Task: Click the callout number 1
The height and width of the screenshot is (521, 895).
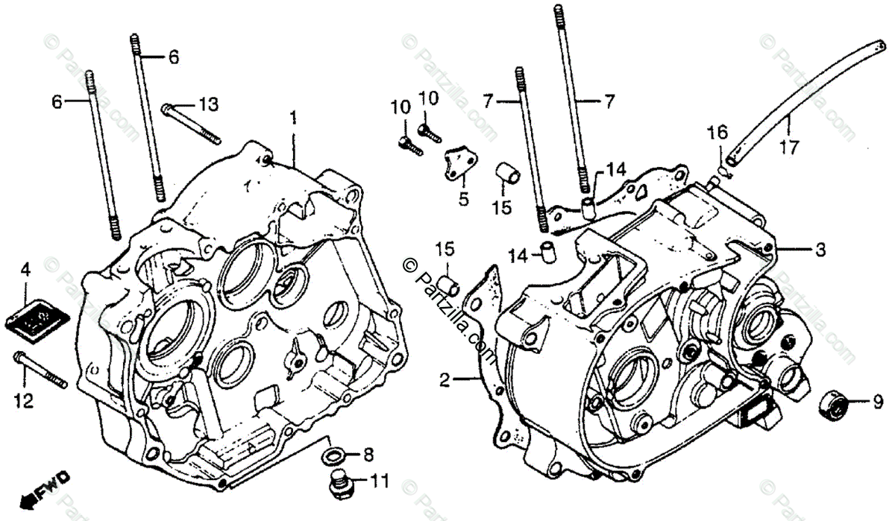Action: pos(293,117)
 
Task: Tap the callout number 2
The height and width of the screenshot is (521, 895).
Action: pos(445,381)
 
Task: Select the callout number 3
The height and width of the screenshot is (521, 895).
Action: pos(820,251)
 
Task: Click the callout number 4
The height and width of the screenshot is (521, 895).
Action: pos(25,270)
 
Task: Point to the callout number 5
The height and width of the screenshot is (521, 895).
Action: pos(462,199)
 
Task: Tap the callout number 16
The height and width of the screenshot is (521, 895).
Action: pos(717,133)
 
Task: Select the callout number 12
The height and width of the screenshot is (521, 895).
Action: pos(24,401)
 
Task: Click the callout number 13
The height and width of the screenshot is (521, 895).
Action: pos(210,104)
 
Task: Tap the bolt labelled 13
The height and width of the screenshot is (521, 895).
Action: pos(190,123)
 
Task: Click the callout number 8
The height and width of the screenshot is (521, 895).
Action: pos(369,454)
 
